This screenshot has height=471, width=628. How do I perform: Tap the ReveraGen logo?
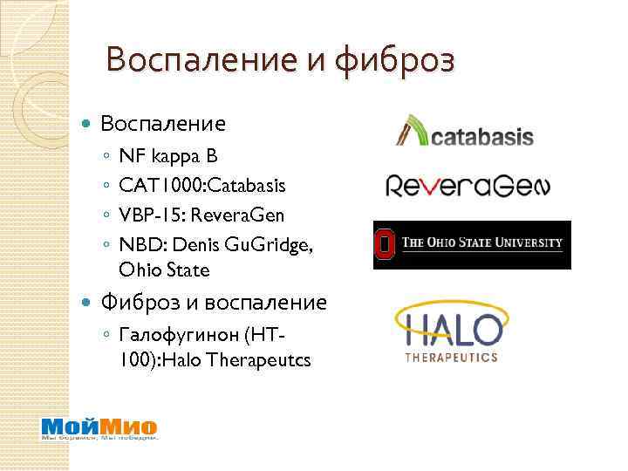click(x=468, y=186)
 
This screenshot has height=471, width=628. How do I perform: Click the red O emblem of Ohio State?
click(x=384, y=244)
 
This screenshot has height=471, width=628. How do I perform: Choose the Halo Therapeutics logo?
click(x=452, y=331)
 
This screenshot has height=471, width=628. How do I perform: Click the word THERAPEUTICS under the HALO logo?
click(x=452, y=357)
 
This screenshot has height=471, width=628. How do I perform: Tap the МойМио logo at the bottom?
click(x=99, y=428)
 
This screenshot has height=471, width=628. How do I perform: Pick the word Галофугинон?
click(x=185, y=334)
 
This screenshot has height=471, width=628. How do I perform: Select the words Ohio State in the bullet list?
click(x=165, y=270)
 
